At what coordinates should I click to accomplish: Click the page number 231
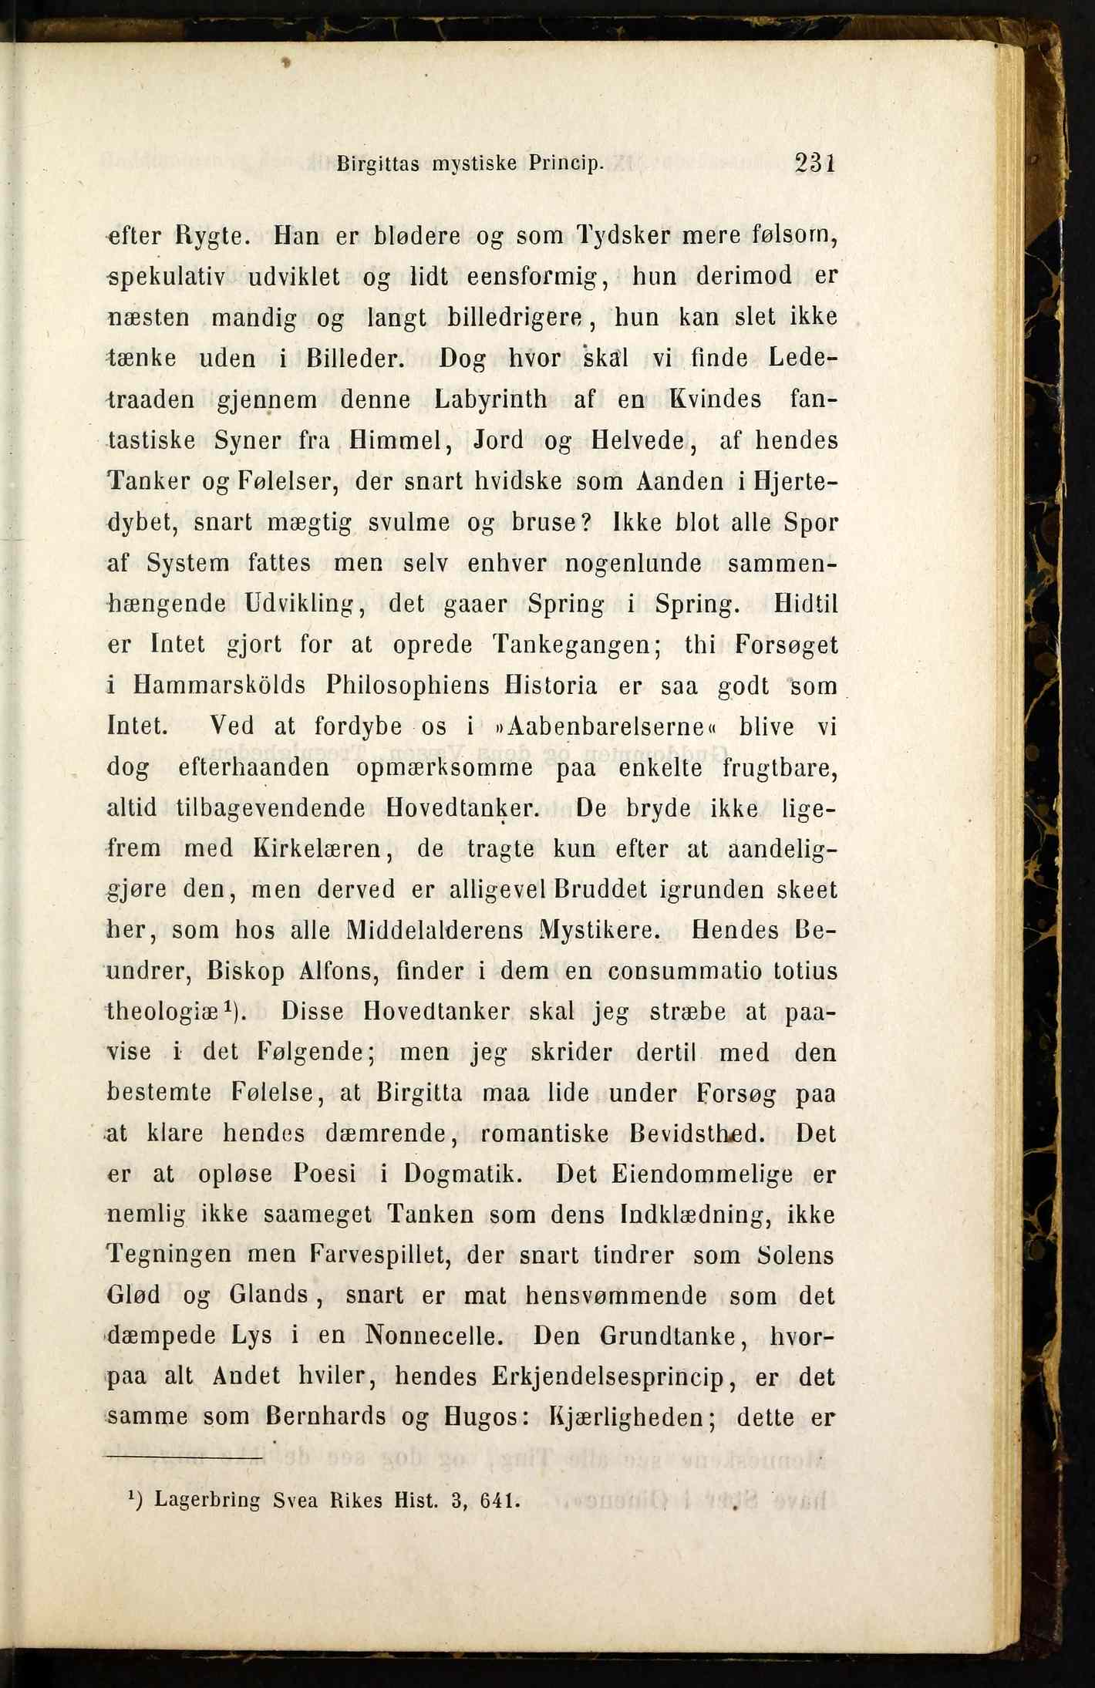coord(815,163)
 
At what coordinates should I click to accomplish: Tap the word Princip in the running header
coord(564,164)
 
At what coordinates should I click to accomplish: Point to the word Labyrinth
coord(491,399)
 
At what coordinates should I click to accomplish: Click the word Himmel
coord(393,440)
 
